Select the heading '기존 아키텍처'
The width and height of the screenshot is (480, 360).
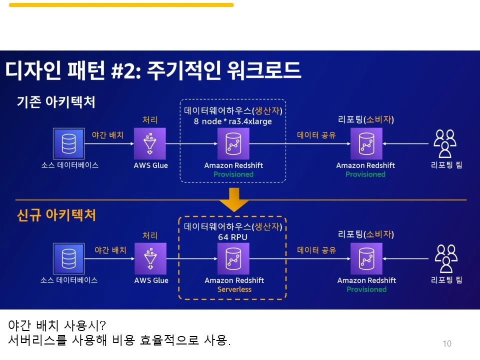pyautogui.click(x=56, y=102)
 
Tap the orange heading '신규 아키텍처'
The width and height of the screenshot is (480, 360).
pyautogui.click(x=56, y=215)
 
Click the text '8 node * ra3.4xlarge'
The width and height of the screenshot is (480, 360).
pyautogui.click(x=233, y=121)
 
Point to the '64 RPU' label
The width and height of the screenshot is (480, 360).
pyautogui.click(x=232, y=236)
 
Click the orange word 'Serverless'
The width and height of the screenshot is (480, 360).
pyautogui.click(x=234, y=289)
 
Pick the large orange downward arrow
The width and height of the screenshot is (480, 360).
pyautogui.click(x=233, y=199)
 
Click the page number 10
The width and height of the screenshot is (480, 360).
pyautogui.click(x=447, y=343)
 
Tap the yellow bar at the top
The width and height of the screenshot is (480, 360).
pyautogui.click(x=121, y=5)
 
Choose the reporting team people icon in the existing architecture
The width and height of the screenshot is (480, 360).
pyautogui.click(x=445, y=143)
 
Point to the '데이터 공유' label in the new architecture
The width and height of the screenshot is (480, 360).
pyautogui.click(x=316, y=250)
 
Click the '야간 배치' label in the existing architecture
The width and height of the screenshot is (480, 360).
pyautogui.click(x=107, y=134)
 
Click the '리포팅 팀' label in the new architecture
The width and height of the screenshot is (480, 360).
pyautogui.click(x=446, y=280)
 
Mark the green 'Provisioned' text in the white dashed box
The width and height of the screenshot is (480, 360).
pyautogui.click(x=233, y=174)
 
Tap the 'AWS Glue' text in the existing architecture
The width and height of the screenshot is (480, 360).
pyautogui.click(x=150, y=165)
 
